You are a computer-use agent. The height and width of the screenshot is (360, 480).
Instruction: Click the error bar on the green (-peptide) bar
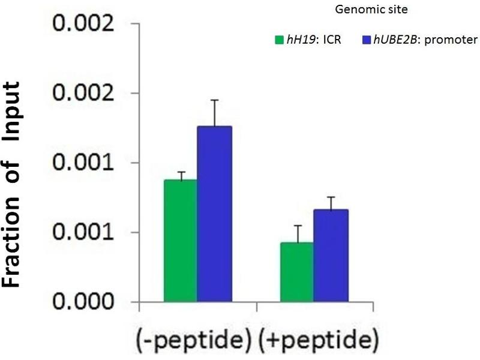click(181, 176)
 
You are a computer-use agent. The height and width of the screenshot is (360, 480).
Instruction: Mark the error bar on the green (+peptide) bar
click(296, 233)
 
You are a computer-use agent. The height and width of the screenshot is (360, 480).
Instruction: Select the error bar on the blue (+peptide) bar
click(331, 203)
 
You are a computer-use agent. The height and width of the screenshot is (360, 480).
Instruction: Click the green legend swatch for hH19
click(278, 41)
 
